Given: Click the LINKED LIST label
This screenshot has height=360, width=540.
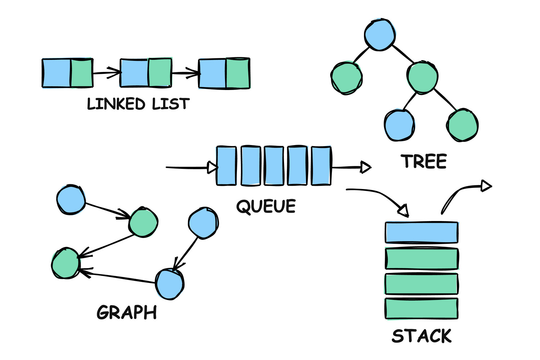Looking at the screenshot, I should pos(138,104).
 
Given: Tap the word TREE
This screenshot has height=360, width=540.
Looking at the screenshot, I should pos(424,161).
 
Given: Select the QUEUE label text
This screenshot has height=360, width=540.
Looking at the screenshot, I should pos(266,207).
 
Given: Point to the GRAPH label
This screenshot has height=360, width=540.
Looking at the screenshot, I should pos(127,312).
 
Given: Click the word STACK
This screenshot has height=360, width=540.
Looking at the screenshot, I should pos(422,336).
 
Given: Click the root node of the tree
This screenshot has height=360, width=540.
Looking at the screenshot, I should pos(380,35).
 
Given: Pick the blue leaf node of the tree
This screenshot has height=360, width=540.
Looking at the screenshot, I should pos(399,125).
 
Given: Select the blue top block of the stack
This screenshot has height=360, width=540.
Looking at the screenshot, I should pos(422,232).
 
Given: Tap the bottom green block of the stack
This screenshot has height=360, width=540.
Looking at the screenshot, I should pos(422,309).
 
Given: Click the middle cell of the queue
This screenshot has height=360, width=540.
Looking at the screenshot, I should pos(274,166).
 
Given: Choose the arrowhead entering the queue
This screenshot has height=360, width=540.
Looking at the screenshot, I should pos(213,167).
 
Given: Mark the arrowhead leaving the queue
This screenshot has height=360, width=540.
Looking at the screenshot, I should pos(366,167).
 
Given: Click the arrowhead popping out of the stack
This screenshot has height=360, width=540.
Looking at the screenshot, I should pos(486,186).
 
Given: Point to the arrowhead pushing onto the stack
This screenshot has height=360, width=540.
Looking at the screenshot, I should pos(404,211).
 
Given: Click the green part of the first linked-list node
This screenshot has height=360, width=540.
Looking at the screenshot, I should pos(82,73).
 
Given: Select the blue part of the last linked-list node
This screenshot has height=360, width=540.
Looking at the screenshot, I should pos(212,74).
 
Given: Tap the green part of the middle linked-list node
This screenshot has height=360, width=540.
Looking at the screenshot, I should pos(160,73).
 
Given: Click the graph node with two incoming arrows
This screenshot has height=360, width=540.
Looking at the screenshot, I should pos(66,263).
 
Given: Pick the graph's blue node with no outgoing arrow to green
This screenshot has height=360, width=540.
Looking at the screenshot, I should pos(203,223).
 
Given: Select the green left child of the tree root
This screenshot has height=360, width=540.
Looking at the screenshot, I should pos(346,78).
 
